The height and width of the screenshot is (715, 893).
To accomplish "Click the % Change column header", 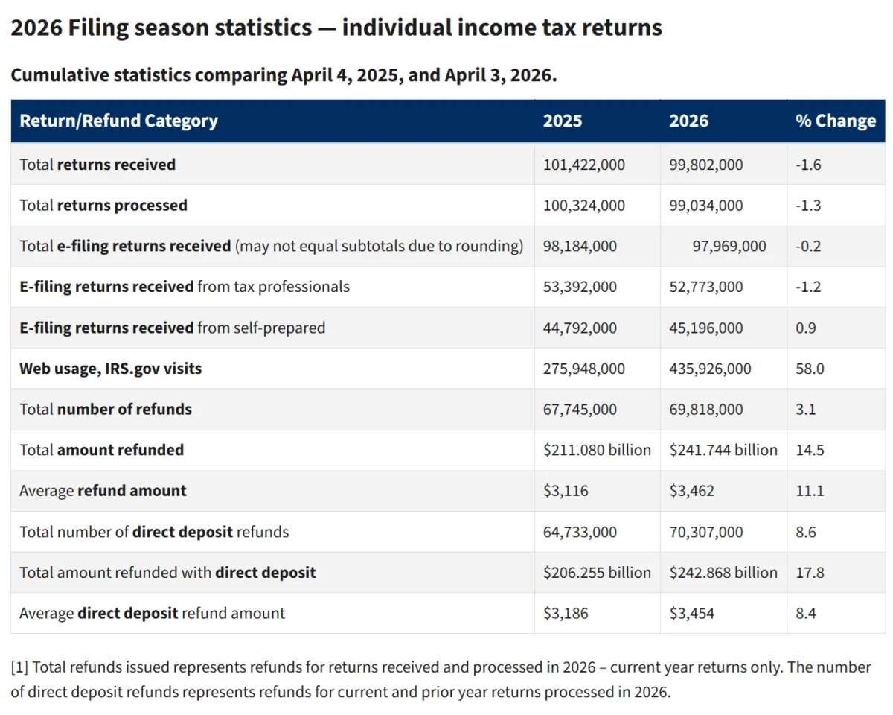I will (835, 121).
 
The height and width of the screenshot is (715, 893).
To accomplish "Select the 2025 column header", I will (563, 121).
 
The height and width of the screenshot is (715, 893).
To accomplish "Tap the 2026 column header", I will (689, 121).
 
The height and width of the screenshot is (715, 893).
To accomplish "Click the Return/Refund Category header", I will (118, 121).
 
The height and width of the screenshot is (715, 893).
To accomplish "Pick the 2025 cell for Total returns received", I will (584, 165).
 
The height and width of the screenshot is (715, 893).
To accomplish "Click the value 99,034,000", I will (705, 206).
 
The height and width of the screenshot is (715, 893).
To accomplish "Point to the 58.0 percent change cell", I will (810, 369).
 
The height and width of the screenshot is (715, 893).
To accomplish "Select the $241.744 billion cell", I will (723, 450).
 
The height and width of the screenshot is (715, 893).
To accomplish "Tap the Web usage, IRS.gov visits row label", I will (110, 369).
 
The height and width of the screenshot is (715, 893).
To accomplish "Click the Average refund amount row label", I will (103, 491).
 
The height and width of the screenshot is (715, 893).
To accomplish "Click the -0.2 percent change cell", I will (808, 247).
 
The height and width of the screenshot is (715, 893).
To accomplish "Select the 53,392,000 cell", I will (580, 287).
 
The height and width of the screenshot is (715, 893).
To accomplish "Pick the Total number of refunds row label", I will (106, 410).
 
